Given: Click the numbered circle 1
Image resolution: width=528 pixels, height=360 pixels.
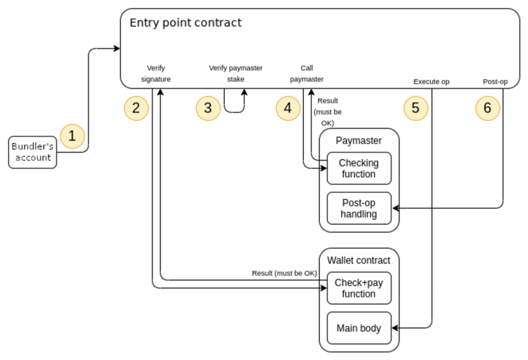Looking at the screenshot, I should [x=72, y=136].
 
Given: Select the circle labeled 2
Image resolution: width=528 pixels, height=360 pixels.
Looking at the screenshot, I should [x=136, y=108].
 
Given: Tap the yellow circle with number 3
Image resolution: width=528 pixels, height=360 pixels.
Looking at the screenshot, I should [x=208, y=108].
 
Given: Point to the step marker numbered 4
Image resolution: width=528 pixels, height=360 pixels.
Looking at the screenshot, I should [x=288, y=108].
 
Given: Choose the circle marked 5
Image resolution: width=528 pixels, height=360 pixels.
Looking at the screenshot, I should [x=416, y=108].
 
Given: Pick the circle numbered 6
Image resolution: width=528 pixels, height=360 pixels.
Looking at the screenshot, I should [x=487, y=108].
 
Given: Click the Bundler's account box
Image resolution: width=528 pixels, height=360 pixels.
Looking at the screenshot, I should [x=33, y=152].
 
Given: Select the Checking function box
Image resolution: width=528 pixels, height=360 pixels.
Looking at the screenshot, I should [x=359, y=168].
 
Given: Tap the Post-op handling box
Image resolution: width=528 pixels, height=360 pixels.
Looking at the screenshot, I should [x=359, y=208].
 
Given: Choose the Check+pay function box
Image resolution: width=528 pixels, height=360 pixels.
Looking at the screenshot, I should [x=359, y=288].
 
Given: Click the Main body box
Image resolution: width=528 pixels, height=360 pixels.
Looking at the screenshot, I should [x=359, y=328].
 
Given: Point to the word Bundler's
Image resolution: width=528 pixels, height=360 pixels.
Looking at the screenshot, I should [x=33, y=147].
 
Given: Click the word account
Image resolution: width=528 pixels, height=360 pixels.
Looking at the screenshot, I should [x=33, y=158].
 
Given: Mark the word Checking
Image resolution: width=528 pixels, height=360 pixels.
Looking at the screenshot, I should [x=359, y=163].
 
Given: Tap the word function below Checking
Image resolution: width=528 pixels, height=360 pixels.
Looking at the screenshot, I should [x=359, y=174].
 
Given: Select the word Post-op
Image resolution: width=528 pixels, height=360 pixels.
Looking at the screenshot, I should [x=359, y=203].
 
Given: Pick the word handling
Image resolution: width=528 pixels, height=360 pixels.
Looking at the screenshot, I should [x=359, y=214].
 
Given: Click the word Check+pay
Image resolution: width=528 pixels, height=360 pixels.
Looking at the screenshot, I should [x=359, y=283].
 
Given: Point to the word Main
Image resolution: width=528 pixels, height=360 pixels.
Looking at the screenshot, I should [x=347, y=328].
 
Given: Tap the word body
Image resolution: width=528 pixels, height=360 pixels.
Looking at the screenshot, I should [x=370, y=328].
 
